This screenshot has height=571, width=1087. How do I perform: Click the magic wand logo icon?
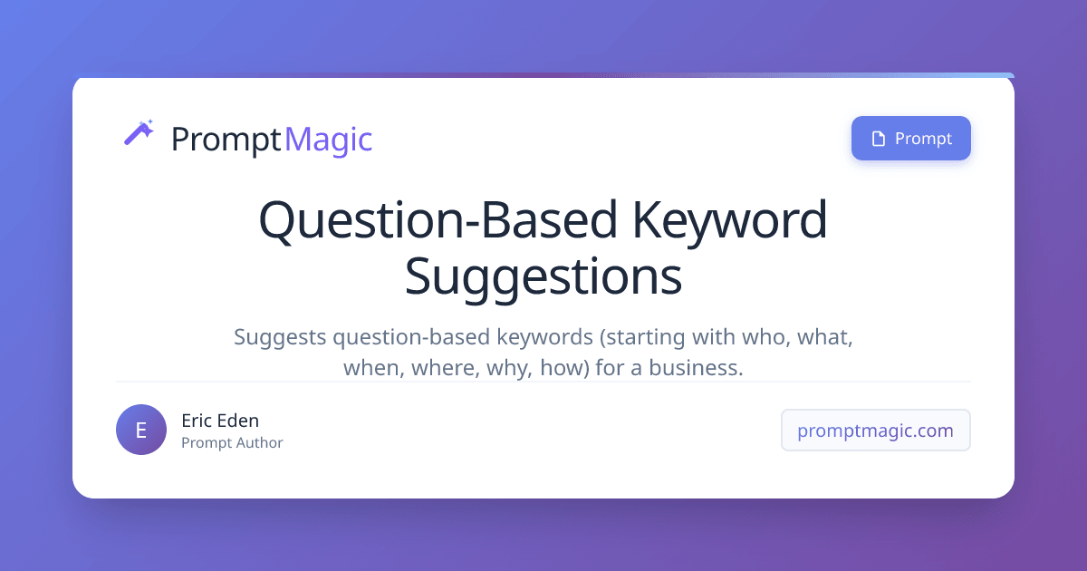(x=139, y=133)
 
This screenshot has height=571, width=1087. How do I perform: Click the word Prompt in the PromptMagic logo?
(x=226, y=140)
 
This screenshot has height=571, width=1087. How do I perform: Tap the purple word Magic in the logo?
(x=328, y=140)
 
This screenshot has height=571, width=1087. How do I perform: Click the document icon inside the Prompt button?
(x=877, y=139)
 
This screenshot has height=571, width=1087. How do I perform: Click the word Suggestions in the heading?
(x=543, y=276)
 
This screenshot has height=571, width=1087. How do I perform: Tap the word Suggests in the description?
(x=279, y=337)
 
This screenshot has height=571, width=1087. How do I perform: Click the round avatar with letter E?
(x=141, y=430)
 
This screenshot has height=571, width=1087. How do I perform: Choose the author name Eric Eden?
(x=220, y=421)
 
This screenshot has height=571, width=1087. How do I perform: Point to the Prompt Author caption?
(x=232, y=443)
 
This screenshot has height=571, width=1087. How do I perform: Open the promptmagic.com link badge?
(x=875, y=431)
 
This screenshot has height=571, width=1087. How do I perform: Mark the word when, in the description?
(x=370, y=369)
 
